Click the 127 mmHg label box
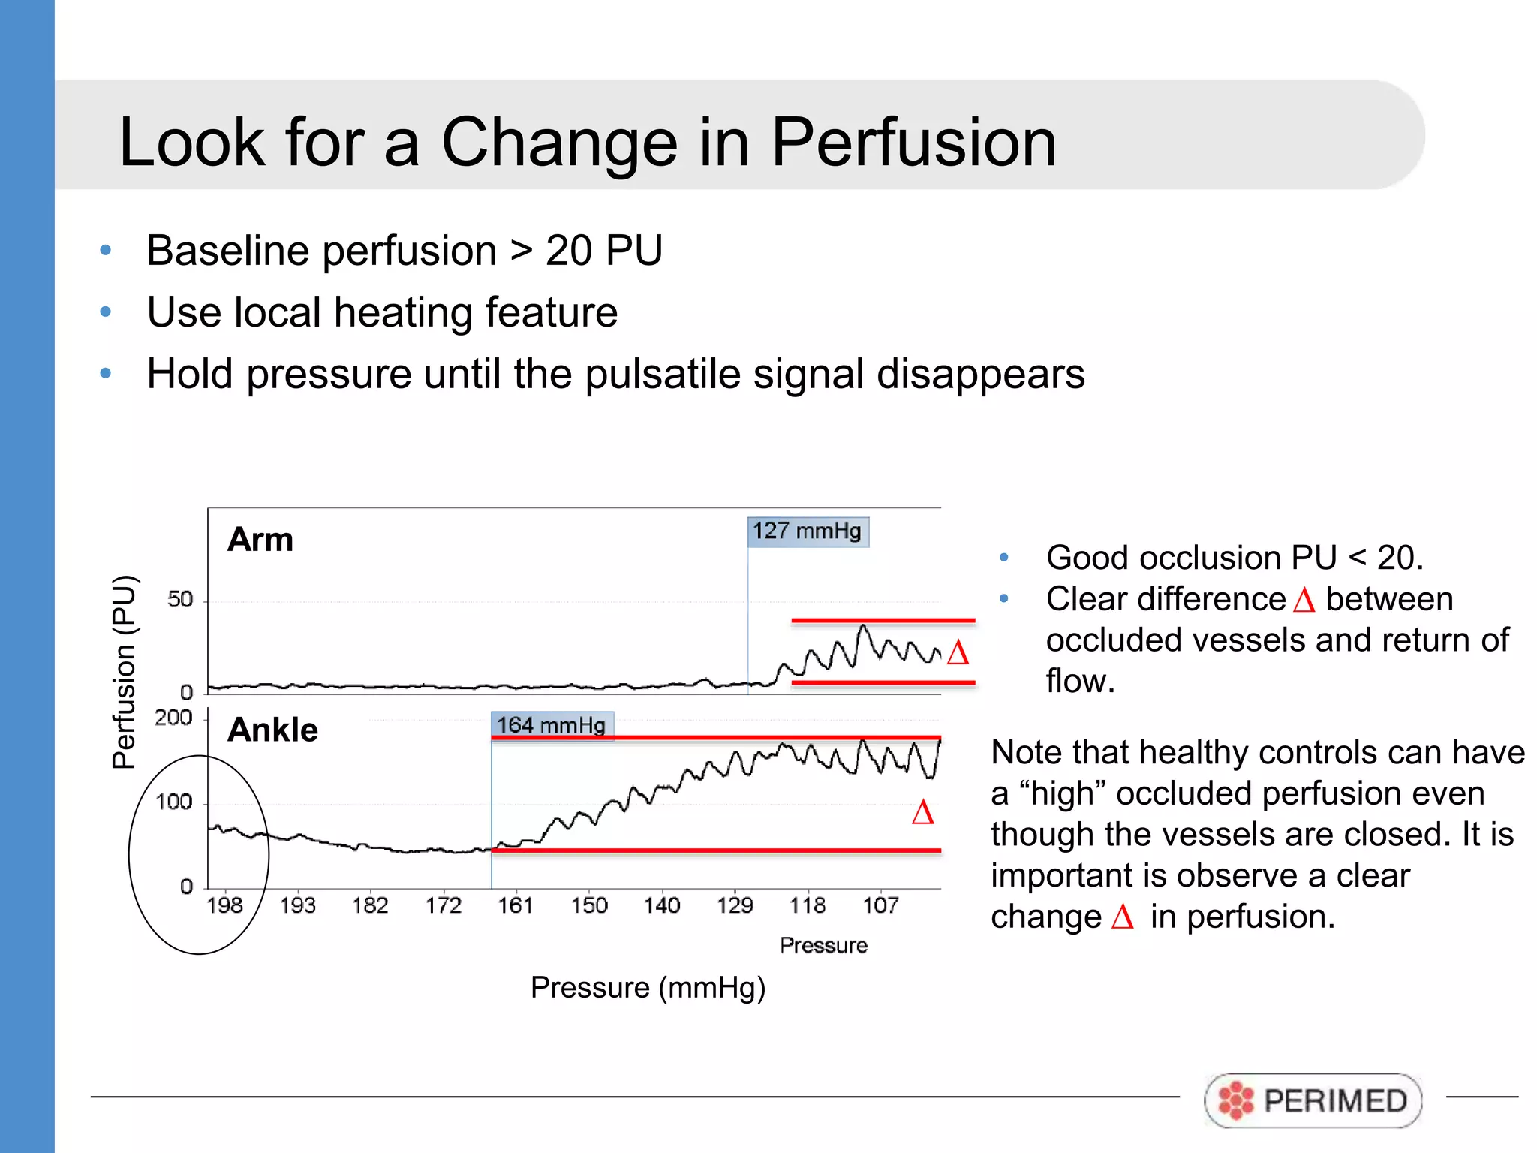[x=808, y=531]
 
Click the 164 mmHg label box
[x=552, y=725]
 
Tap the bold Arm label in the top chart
[x=260, y=540]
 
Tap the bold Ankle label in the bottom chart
[x=273, y=730]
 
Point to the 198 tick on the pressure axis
[x=224, y=905]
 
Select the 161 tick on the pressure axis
[x=516, y=905]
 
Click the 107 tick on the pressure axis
[x=880, y=905]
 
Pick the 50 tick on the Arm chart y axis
[x=180, y=599]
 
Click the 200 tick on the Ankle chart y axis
[x=173, y=718]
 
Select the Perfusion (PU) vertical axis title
[x=125, y=672]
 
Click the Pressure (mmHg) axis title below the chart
[x=648, y=987]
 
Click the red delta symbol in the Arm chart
[x=958, y=652]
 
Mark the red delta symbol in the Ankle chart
[x=922, y=812]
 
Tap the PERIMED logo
[x=1313, y=1100]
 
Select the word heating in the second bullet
[x=403, y=312]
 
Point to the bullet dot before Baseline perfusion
[x=106, y=250]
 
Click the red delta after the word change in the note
[x=1122, y=917]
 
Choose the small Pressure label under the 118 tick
[x=823, y=945]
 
